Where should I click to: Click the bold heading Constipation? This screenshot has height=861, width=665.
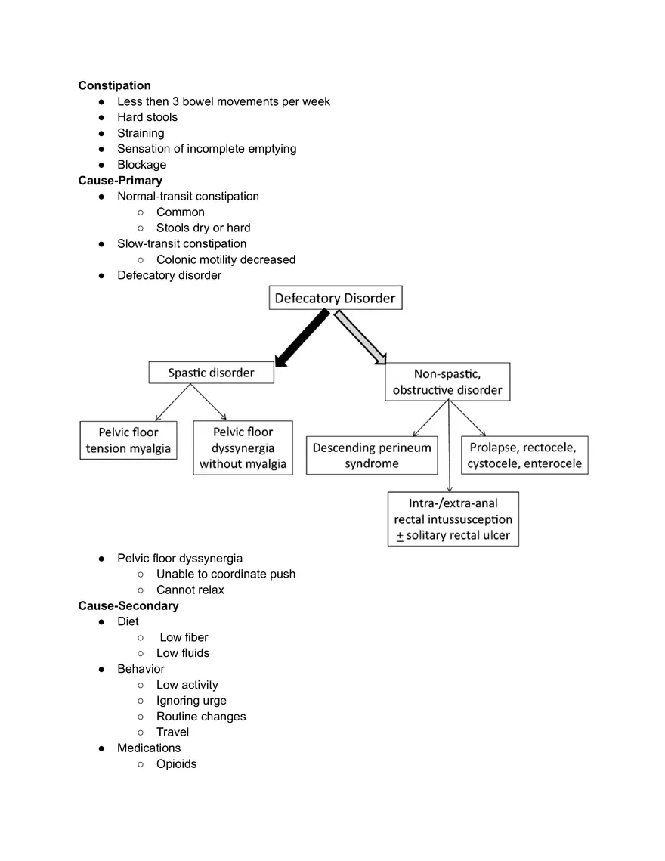click(114, 85)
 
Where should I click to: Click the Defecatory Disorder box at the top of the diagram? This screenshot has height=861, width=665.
click(335, 298)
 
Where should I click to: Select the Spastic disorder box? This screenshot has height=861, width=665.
click(211, 373)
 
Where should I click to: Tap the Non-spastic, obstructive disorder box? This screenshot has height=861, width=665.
click(447, 382)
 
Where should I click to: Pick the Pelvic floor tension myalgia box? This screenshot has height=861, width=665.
click(128, 440)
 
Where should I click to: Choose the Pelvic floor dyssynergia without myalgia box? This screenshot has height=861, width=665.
click(243, 448)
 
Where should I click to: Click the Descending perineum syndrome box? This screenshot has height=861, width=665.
click(371, 455)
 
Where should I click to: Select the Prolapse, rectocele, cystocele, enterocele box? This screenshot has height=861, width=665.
click(524, 455)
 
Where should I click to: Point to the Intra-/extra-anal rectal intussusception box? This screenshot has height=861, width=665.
click(453, 519)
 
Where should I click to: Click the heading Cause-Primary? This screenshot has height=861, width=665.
click(119, 181)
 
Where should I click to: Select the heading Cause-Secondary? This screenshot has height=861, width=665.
click(128, 605)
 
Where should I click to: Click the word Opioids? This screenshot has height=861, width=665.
click(176, 763)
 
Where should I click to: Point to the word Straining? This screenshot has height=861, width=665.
click(141, 133)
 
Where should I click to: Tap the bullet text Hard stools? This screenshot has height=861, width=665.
click(147, 117)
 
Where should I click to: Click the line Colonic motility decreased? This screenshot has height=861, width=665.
click(225, 259)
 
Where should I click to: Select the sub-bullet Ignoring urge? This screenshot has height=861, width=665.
click(191, 701)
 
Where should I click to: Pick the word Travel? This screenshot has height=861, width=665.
click(172, 732)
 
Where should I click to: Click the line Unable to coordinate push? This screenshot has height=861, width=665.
click(225, 574)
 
